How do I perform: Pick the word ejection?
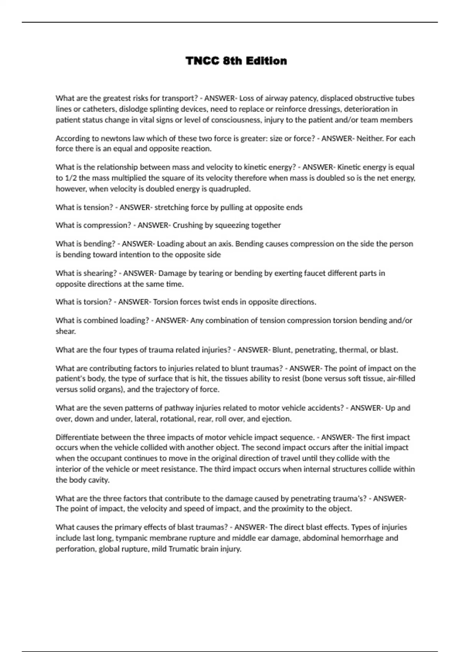tap(276, 419)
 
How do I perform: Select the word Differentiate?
tap(77, 437)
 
